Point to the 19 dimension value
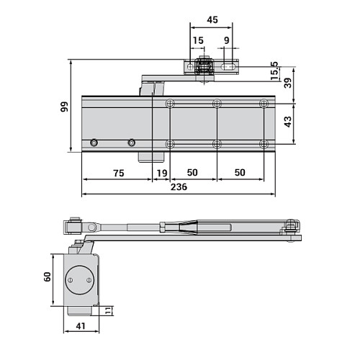[161, 173]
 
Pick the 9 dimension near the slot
[227, 41]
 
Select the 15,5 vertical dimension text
[274, 71]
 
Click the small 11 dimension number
[109, 311]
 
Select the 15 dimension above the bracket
[198, 41]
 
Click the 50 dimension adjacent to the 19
[192, 173]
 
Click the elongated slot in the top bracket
[230, 68]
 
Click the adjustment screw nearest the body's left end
[94, 143]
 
